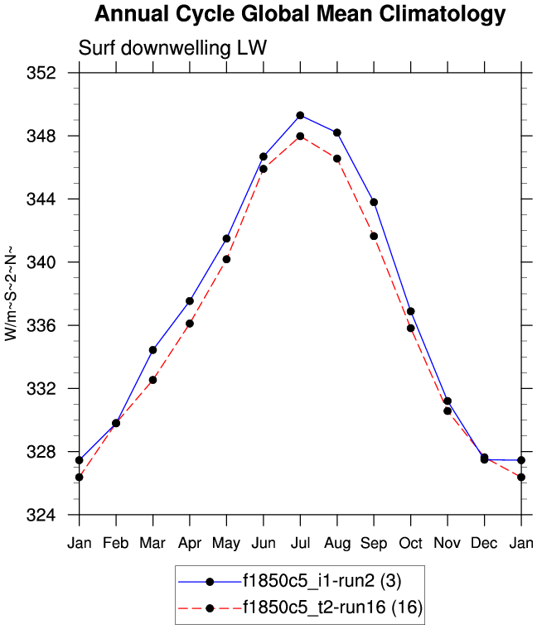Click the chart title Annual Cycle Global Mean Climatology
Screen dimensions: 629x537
(x=299, y=14)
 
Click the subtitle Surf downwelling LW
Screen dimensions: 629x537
(x=172, y=48)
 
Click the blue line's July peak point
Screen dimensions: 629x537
(x=300, y=115)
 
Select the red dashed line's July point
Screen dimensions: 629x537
(x=300, y=136)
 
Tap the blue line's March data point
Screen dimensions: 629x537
(x=152, y=350)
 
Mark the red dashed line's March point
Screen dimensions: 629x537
(x=152, y=380)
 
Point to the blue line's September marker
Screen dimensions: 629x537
(x=374, y=202)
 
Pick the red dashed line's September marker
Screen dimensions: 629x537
(x=374, y=236)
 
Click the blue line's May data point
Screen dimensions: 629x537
(x=226, y=238)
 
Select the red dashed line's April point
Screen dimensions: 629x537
(x=190, y=324)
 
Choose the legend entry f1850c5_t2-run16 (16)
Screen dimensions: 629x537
(x=332, y=608)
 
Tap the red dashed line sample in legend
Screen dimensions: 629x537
(x=210, y=608)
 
